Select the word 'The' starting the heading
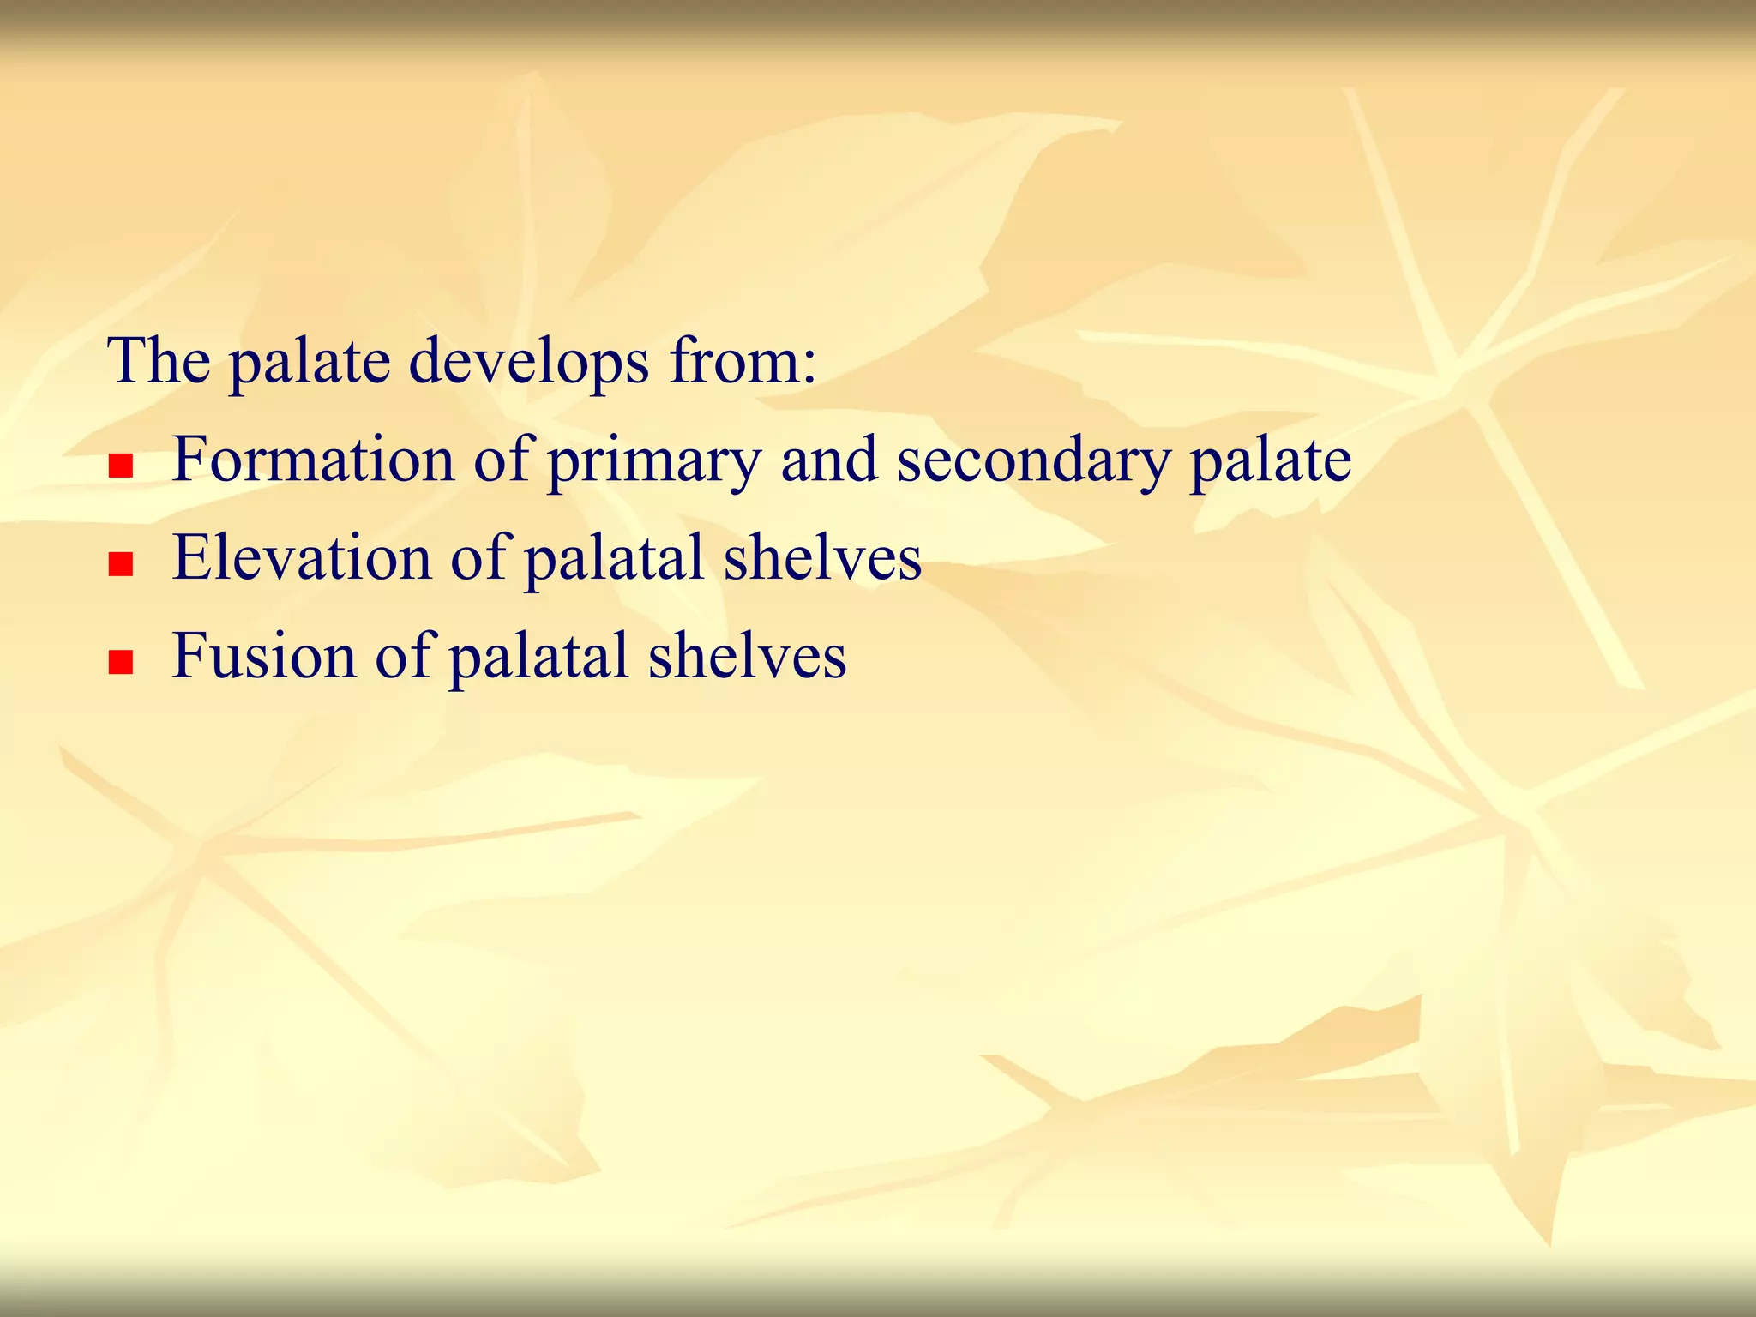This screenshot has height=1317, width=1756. (159, 361)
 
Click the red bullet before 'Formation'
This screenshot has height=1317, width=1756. (121, 466)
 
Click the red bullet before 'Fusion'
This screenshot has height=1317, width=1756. (121, 663)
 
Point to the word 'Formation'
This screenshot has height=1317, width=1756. (313, 460)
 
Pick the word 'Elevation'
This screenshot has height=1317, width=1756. (302, 558)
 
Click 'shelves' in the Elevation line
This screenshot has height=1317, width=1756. (822, 558)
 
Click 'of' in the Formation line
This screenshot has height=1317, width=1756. (504, 460)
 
